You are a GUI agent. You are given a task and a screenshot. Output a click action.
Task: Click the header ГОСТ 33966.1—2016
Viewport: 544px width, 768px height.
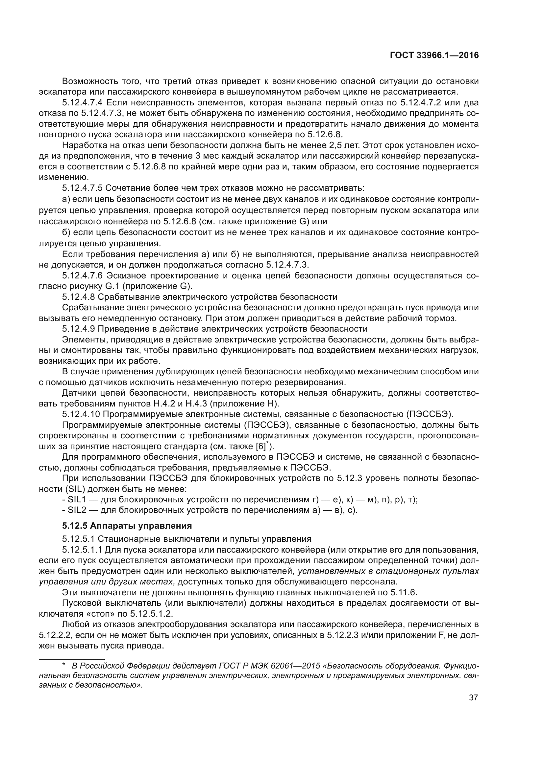434,55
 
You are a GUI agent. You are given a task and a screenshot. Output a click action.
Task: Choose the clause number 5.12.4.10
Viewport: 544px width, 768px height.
81,414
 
